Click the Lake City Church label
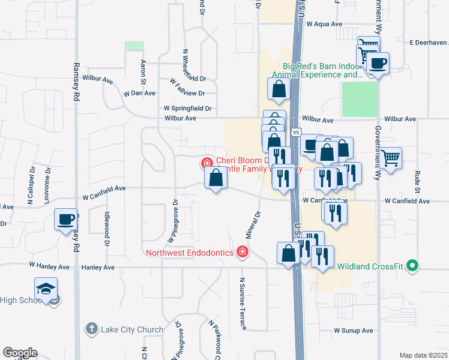tap(131, 329)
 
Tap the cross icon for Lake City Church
tap(91, 329)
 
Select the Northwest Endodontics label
tap(189, 253)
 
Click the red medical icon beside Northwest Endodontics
tap(243, 252)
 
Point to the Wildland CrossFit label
tap(372, 266)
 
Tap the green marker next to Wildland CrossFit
tap(412, 265)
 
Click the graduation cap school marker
tap(46, 289)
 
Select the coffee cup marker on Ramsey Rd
tap(66, 219)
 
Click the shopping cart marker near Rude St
tap(391, 158)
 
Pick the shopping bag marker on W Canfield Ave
tap(216, 178)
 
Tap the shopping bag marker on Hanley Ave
tap(289, 253)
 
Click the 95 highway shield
tap(296, 132)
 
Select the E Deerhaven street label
tap(429, 43)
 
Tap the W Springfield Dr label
tap(188, 109)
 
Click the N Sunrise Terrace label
tap(243, 304)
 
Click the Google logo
tap(20, 353)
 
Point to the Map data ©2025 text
tap(423, 355)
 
